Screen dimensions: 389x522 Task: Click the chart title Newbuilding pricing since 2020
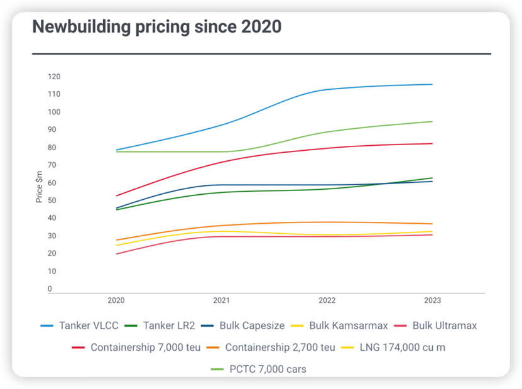pyautogui.click(x=156, y=27)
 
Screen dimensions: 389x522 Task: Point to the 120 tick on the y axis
pyautogui.click(x=53, y=77)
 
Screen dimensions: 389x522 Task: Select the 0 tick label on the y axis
pyautogui.click(x=50, y=289)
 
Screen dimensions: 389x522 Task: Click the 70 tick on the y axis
pyautogui.click(x=52, y=165)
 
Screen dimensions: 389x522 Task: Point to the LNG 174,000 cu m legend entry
pyautogui.click(x=392, y=347)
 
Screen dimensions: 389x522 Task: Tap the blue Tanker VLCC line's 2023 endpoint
pyautogui.click(x=432, y=84)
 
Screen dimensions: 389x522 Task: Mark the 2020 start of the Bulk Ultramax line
pyautogui.click(x=117, y=254)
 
